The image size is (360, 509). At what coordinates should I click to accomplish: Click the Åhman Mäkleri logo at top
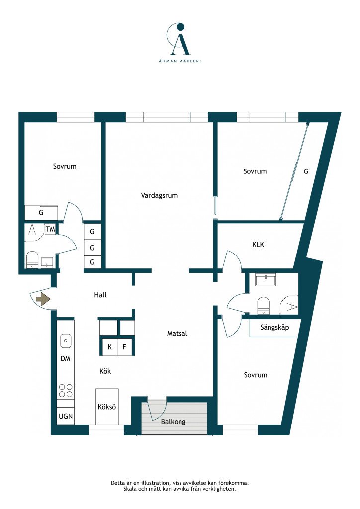click(180, 43)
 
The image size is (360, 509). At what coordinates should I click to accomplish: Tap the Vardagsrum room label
click(159, 195)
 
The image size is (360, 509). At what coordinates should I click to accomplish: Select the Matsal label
click(177, 333)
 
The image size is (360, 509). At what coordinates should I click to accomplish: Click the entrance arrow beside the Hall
click(43, 299)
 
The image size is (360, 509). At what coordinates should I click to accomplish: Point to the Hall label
click(100, 295)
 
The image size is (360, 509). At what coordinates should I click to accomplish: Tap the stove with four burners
click(66, 391)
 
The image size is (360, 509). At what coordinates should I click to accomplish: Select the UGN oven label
click(66, 416)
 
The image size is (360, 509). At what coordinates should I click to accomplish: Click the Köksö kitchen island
click(107, 407)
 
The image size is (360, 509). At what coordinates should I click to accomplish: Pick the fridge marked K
click(110, 347)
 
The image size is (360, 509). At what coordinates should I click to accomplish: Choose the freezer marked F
click(124, 347)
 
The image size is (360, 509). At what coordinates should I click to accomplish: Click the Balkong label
click(174, 422)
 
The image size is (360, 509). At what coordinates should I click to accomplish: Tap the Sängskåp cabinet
click(274, 328)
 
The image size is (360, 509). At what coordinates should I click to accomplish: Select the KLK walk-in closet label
click(258, 245)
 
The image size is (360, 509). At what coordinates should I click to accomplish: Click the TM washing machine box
click(50, 229)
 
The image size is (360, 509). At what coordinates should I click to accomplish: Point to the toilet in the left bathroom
click(32, 259)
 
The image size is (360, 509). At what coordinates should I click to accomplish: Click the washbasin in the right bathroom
click(266, 279)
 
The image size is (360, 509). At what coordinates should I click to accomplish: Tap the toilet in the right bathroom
click(263, 306)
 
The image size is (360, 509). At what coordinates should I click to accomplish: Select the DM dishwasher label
click(66, 359)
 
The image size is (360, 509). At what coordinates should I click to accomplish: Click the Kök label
click(105, 371)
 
